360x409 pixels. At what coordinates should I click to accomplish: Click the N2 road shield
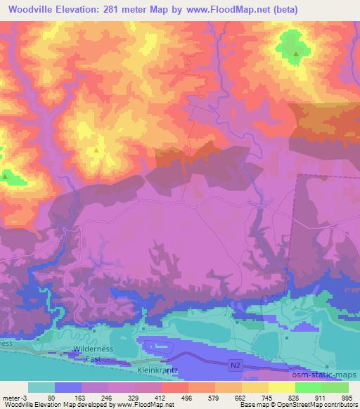pyautogui.click(x=238, y=365)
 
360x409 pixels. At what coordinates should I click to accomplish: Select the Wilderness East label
pyautogui.click(x=87, y=353)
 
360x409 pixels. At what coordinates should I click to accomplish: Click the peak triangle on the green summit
pyautogui.click(x=296, y=53)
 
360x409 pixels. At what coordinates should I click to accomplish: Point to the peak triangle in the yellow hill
pyautogui.click(x=96, y=150)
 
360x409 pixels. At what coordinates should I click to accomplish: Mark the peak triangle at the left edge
pyautogui.click(x=4, y=177)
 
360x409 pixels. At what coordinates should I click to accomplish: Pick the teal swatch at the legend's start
pyautogui.click(x=41, y=387)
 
